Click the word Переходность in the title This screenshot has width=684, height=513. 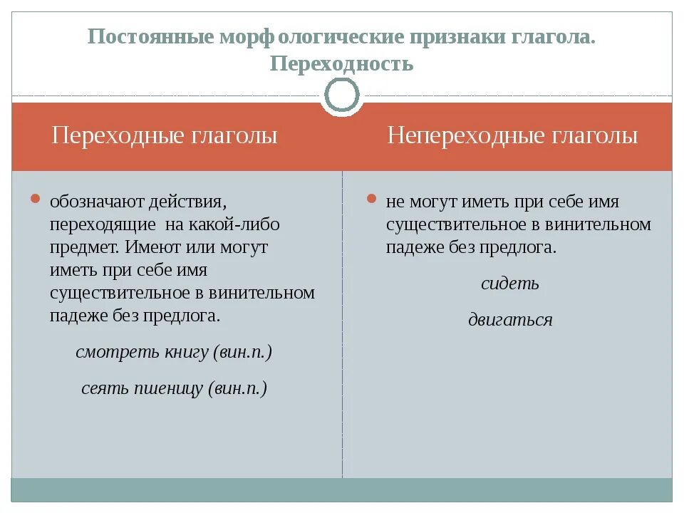point(342,63)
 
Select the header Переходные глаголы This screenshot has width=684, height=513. point(165,135)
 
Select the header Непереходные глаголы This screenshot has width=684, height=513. point(512,135)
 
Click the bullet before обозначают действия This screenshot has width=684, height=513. point(36,199)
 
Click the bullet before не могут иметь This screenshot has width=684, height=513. point(371,199)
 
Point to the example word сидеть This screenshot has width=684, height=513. point(510,284)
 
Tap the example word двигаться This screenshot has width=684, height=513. point(510,320)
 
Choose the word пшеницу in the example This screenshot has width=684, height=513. point(168,388)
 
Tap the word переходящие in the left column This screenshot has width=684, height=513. point(103,224)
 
